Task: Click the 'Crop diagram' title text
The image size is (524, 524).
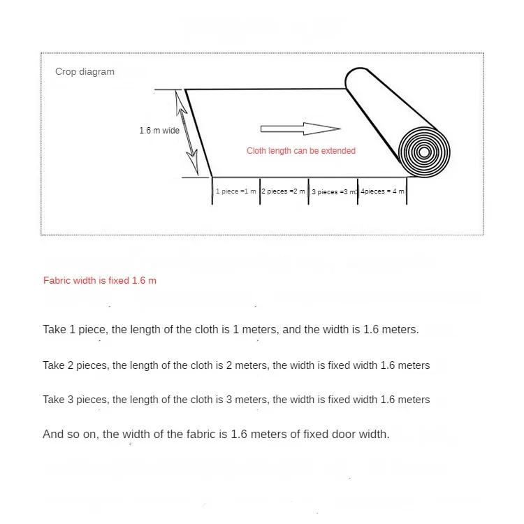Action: [85, 72]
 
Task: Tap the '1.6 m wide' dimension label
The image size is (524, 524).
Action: [159, 131]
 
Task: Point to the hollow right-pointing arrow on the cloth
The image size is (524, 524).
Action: [300, 129]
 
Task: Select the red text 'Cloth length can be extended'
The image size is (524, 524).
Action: [301, 151]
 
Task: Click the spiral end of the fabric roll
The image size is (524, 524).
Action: [424, 152]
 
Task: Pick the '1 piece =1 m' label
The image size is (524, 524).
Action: [236, 191]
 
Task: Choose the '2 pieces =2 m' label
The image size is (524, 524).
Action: [284, 191]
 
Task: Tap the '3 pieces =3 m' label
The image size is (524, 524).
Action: [334, 192]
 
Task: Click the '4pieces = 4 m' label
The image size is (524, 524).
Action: [383, 191]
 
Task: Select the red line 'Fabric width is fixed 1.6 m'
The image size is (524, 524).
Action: [100, 280]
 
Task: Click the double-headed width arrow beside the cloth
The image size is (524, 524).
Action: [187, 133]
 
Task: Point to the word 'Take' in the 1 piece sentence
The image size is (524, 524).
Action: [54, 330]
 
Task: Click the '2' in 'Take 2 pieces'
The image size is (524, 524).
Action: [70, 365]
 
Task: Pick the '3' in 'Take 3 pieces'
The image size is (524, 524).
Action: [70, 400]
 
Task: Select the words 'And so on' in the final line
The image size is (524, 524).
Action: [71, 435]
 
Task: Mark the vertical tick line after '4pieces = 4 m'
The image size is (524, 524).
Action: [407, 191]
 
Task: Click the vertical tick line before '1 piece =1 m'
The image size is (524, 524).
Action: [212, 191]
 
